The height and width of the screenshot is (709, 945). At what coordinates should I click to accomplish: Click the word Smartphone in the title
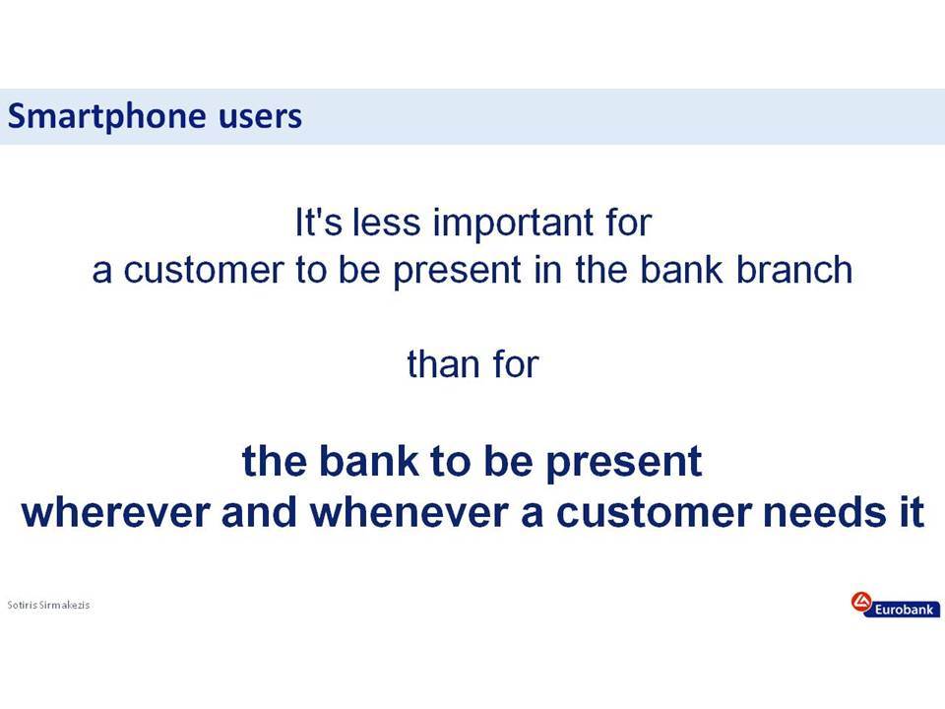106,116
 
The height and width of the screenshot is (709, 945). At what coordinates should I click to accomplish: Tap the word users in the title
260,116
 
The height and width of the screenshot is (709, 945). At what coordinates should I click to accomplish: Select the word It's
319,222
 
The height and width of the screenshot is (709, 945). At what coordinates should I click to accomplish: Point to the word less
386,222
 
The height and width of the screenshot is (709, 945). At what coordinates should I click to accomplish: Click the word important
513,224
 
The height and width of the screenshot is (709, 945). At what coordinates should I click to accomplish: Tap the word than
444,364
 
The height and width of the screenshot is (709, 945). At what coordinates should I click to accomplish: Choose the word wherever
116,512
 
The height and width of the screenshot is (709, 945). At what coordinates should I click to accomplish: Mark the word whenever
408,512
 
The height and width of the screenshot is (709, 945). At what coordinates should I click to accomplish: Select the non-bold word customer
203,270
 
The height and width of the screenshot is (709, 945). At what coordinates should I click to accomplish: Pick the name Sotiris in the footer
22,605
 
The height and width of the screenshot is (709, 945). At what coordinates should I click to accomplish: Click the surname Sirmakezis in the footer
65,605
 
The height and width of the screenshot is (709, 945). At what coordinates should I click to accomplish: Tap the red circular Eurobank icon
861,602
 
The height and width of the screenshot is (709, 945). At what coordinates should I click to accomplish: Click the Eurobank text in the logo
904,610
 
